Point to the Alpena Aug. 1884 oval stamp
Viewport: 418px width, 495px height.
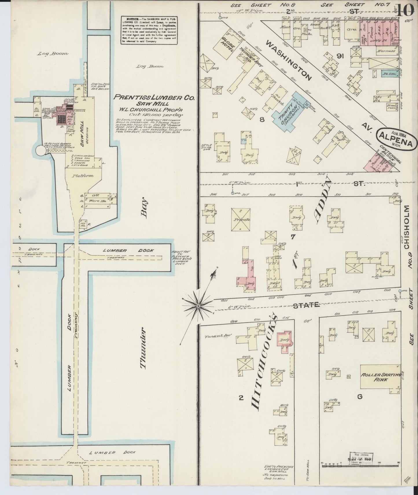pos(397,139)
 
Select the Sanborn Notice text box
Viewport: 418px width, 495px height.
pos(149,30)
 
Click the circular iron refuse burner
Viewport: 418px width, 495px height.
pos(40,151)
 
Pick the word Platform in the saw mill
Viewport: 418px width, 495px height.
pos(83,176)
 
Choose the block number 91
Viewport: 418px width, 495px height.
pos(340,56)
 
